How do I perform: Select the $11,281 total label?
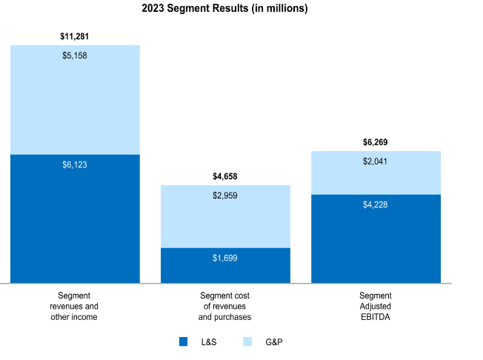tap(75, 36)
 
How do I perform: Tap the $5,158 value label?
tap(75, 56)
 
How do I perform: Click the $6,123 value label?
tap(75, 164)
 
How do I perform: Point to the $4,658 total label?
tap(225, 176)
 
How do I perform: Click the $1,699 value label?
tap(225, 258)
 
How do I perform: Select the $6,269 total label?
tap(376, 141)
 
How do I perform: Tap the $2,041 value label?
tap(376, 161)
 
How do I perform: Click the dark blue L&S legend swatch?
tap(184, 341)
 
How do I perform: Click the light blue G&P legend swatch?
tap(247, 341)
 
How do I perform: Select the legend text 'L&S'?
tap(209, 342)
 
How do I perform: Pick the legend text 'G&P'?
tap(274, 342)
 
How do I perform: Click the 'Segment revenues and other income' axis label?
tap(74, 306)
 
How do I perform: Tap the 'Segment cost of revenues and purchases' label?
tap(224, 306)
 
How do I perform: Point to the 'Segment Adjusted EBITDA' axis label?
tap(376, 306)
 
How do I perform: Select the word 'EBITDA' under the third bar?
tap(376, 316)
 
